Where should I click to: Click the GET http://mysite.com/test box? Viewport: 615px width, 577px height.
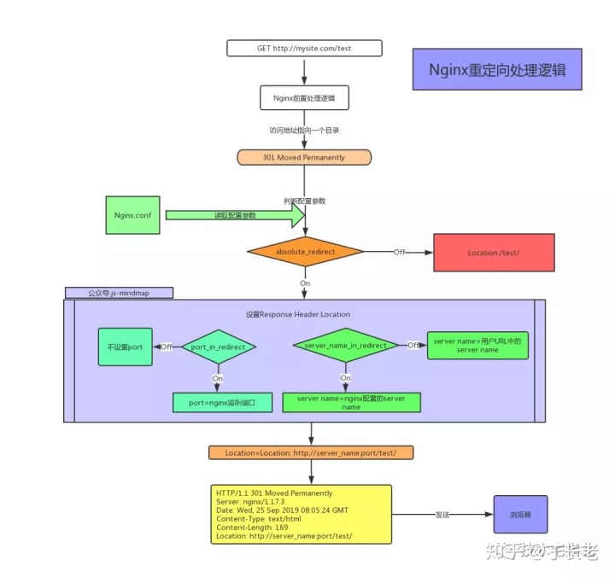tap(304, 49)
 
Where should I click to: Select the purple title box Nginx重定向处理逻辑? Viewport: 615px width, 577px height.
tap(497, 69)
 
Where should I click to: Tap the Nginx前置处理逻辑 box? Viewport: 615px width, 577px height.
tap(304, 98)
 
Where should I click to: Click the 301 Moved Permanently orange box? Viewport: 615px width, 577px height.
tap(304, 158)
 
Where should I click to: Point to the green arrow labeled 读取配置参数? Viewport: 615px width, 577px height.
tap(235, 216)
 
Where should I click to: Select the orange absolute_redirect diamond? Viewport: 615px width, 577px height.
tap(305, 253)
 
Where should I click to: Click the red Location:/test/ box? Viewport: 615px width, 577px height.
tap(494, 254)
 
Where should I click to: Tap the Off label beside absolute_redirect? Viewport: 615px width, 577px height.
tap(399, 253)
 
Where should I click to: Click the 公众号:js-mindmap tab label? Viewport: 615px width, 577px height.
tap(119, 293)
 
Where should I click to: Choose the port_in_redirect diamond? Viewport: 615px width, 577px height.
tap(219, 347)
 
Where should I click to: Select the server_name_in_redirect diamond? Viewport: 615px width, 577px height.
tap(345, 346)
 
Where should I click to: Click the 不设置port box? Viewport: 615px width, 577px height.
tap(126, 347)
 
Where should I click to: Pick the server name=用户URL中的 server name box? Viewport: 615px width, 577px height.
tap(477, 345)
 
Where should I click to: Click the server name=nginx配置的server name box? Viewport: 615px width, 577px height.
tap(351, 402)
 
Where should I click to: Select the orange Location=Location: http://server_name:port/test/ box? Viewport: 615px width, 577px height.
tap(311, 452)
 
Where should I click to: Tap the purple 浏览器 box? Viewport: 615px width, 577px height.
tap(520, 515)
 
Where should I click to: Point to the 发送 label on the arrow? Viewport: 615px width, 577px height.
tap(442, 516)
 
